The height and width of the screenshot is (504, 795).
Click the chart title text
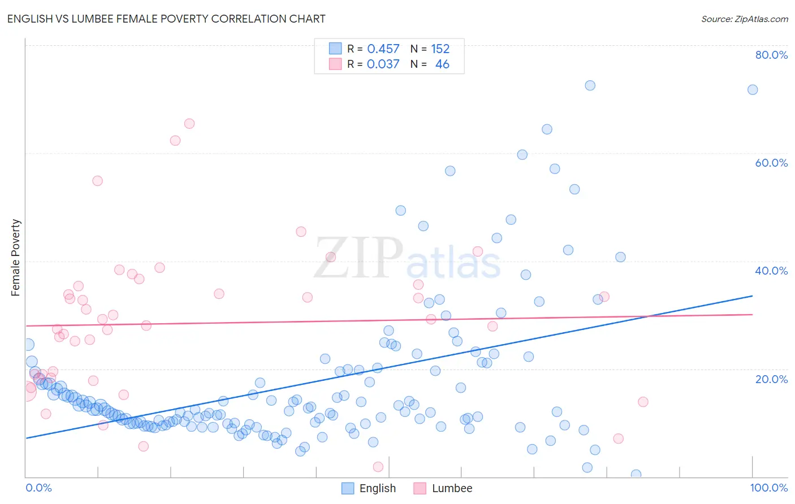166,19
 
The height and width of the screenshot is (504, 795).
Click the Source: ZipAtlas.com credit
744,19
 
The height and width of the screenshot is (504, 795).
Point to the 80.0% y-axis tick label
771,55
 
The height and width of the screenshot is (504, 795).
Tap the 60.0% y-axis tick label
771,163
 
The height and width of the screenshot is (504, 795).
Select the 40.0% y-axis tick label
771,271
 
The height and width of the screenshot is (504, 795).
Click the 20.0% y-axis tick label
771,379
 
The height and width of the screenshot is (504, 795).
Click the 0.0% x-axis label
38,488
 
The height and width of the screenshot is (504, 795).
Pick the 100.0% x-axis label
768,488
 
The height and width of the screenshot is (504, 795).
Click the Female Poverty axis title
16,258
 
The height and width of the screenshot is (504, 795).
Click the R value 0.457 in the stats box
383,49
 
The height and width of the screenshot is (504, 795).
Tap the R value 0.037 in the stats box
383,64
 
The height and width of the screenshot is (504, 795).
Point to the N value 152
440,49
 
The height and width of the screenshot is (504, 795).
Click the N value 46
442,64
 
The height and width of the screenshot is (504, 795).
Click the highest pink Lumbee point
189,124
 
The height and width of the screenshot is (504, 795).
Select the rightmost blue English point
753,90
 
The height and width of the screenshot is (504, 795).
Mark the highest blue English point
590,85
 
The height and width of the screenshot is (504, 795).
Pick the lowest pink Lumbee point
378,467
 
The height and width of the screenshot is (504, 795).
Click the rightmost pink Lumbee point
643,402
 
